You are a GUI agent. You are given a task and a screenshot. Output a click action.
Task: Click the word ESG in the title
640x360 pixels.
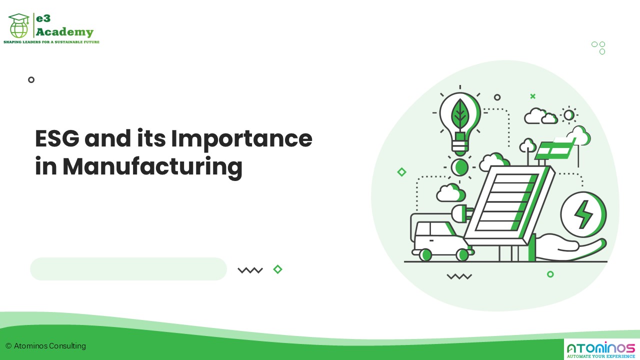(x=56, y=138)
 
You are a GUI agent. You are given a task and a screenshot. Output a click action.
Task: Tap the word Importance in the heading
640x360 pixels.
(x=241, y=138)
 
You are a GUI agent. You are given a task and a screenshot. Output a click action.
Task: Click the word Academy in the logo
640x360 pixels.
(x=64, y=32)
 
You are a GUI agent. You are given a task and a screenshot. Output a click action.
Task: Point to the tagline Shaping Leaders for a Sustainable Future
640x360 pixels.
(x=51, y=42)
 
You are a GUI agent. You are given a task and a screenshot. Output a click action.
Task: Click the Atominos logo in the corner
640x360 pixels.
(x=600, y=348)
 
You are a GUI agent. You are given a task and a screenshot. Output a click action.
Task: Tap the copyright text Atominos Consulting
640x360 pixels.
(x=45, y=346)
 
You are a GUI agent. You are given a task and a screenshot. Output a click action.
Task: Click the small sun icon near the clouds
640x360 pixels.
(x=568, y=115)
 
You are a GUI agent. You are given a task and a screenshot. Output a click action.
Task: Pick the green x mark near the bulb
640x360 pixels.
(x=532, y=96)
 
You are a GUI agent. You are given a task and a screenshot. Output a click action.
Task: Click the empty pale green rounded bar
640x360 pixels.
(x=128, y=269)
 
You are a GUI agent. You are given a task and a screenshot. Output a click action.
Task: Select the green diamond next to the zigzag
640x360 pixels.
(x=277, y=269)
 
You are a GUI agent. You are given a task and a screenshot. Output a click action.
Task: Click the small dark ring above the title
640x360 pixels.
(x=31, y=79)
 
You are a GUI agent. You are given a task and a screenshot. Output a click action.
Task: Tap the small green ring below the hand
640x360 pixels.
(x=550, y=274)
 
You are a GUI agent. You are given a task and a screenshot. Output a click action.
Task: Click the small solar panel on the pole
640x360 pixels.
(x=555, y=148)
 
